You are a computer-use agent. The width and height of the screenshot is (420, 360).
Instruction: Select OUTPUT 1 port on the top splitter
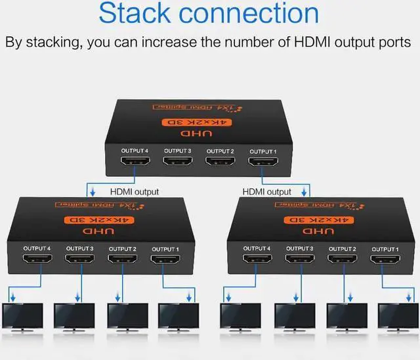pos(262,164)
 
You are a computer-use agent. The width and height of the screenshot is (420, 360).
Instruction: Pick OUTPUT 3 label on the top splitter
pos(178,151)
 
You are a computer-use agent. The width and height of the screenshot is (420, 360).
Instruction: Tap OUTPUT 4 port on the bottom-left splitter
pos(37,261)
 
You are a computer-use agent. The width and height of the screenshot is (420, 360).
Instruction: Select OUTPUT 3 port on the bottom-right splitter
pos(299,261)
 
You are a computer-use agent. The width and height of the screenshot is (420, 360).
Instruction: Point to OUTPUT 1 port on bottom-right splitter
pos(384,261)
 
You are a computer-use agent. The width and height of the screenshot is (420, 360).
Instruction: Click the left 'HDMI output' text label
pos(135,192)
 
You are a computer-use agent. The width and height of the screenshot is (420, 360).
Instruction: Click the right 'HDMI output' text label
pos(266,192)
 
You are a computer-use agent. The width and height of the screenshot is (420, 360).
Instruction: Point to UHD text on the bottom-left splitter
pos(101,231)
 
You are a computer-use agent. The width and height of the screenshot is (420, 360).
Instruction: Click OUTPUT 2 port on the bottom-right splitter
pos(341,261)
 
